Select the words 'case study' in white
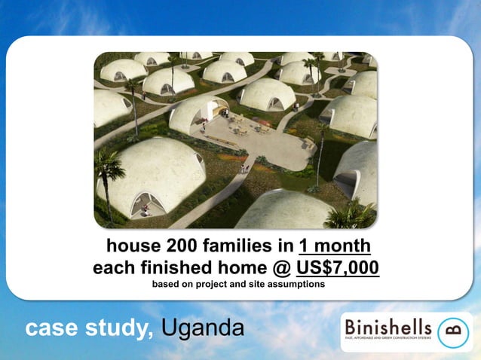pyautogui.click(x=90, y=330)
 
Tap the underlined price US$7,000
pyautogui.click(x=338, y=268)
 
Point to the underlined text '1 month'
pyautogui.click(x=334, y=246)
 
